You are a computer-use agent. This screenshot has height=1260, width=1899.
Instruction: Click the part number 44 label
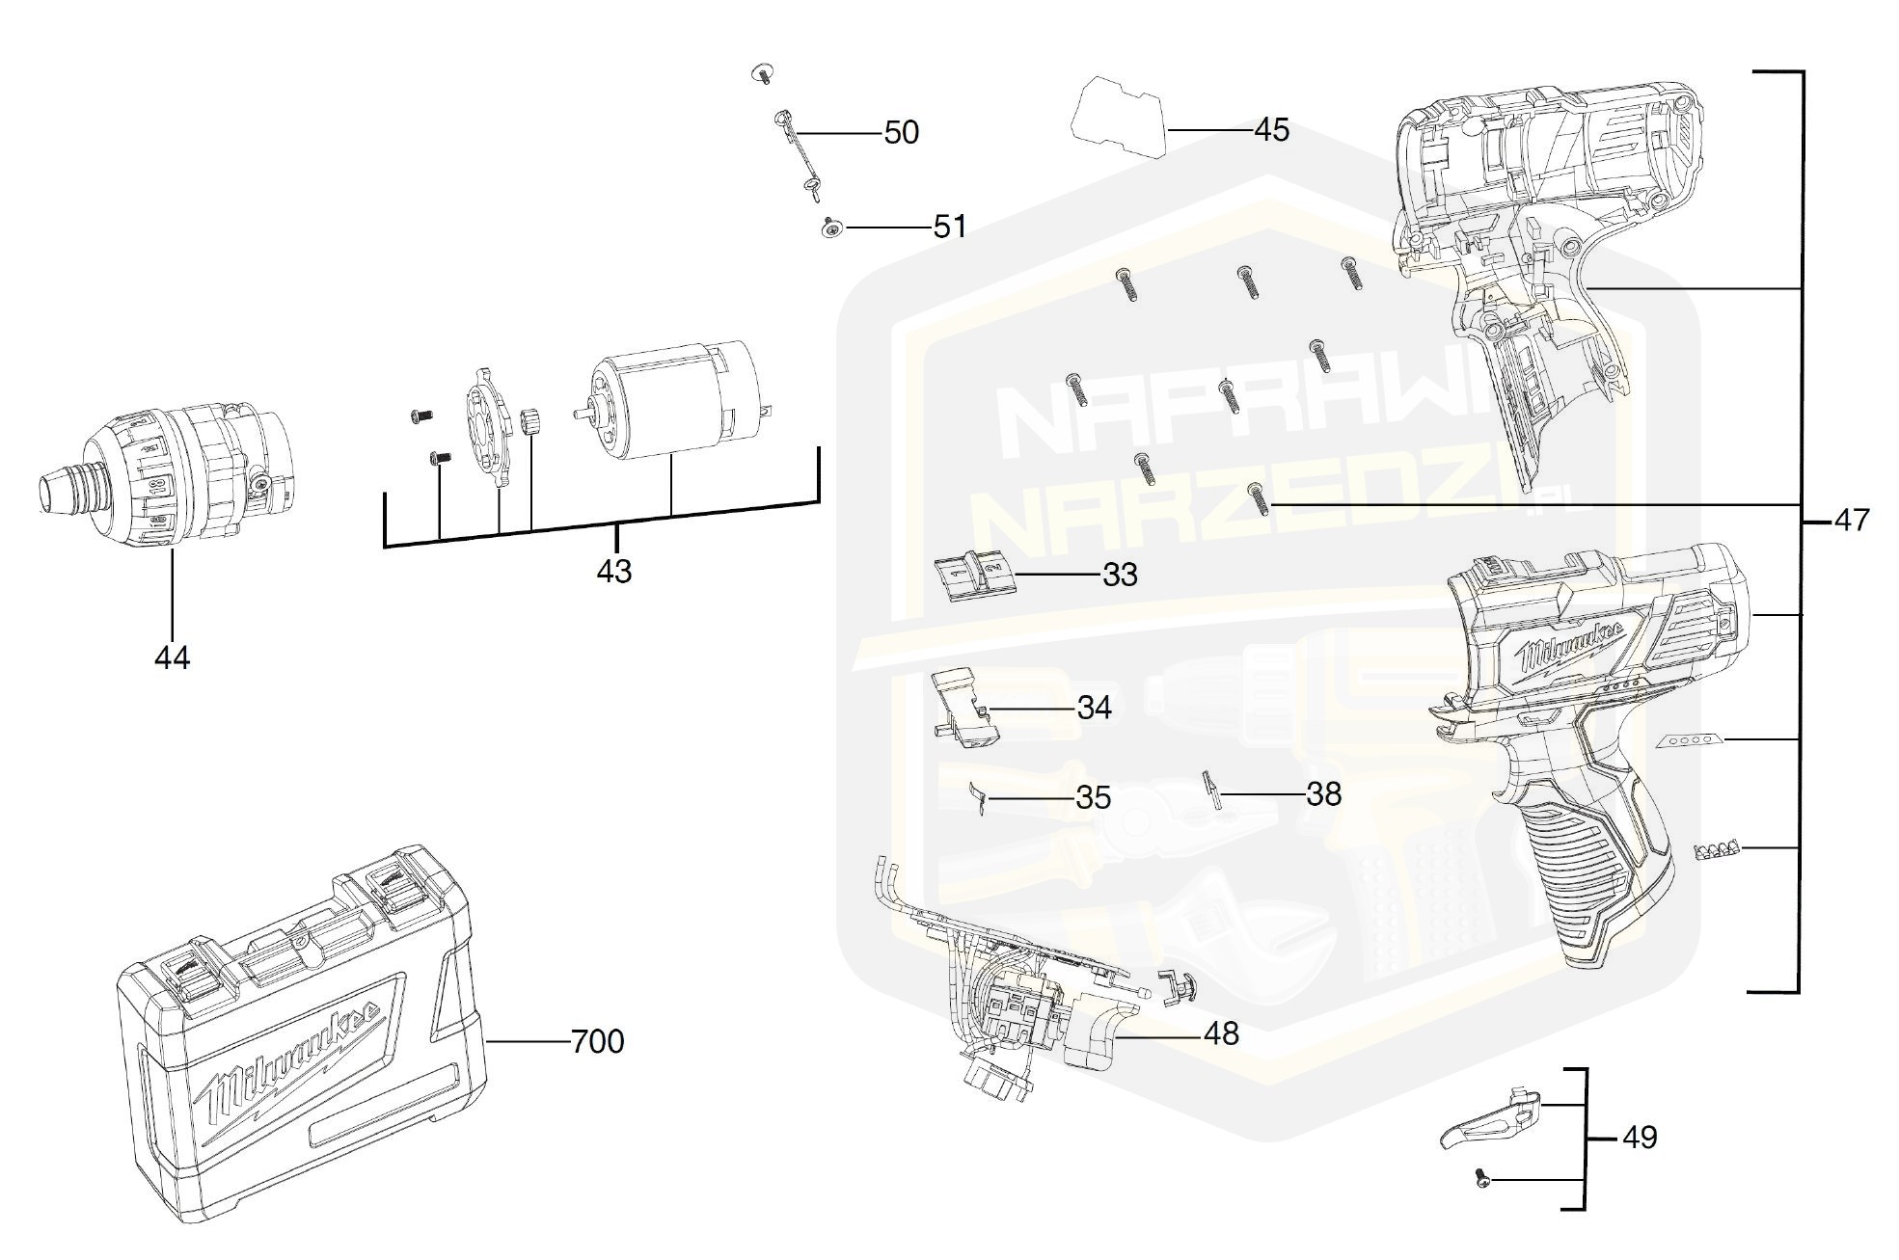(x=172, y=658)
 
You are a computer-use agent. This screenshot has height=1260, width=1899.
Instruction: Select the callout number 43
(x=614, y=572)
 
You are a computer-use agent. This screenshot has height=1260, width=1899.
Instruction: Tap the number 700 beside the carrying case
(x=598, y=1042)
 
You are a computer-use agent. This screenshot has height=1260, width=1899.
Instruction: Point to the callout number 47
(x=1851, y=521)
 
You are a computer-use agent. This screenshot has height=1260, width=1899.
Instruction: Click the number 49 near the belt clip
(x=1640, y=1138)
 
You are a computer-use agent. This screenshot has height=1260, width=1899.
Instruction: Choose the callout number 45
(x=1271, y=130)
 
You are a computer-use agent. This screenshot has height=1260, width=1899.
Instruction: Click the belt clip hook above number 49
(x=1490, y=1120)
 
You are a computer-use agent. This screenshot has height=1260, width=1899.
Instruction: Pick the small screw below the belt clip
(x=1482, y=1177)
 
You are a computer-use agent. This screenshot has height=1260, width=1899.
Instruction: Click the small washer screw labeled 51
(x=829, y=228)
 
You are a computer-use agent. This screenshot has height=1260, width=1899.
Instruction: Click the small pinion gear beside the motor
(x=530, y=421)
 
